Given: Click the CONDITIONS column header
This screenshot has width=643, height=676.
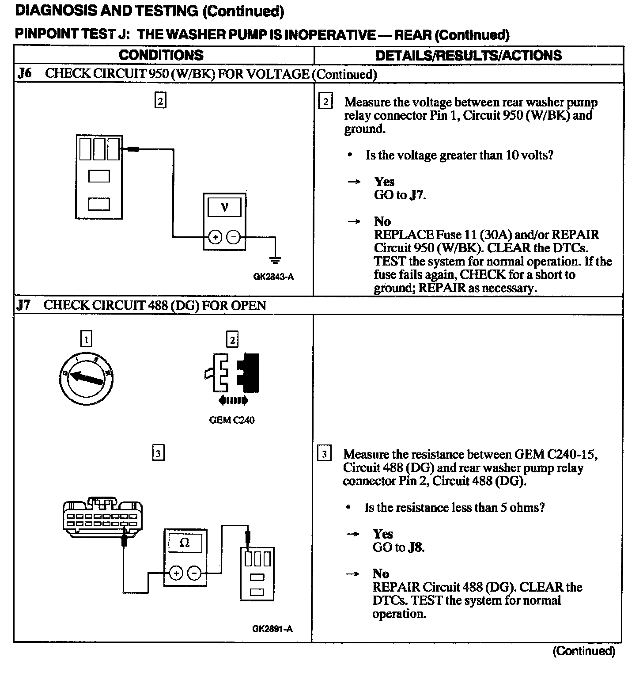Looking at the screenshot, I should pyautogui.click(x=161, y=55).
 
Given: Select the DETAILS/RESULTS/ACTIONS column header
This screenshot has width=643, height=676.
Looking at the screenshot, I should pyautogui.click(x=468, y=55).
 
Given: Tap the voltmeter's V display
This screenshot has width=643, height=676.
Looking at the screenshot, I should pyautogui.click(x=224, y=207).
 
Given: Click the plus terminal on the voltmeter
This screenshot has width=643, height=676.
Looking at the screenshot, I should pyautogui.click(x=215, y=238).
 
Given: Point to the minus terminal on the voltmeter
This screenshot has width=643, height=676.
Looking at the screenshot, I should pyautogui.click(x=234, y=238).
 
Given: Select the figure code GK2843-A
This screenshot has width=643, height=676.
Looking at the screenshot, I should pyautogui.click(x=273, y=277).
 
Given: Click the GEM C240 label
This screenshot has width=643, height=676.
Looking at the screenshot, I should pyautogui.click(x=231, y=420).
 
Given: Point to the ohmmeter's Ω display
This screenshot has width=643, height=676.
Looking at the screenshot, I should pyautogui.click(x=185, y=543).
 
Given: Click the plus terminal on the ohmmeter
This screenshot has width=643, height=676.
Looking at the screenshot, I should pyautogui.click(x=176, y=573).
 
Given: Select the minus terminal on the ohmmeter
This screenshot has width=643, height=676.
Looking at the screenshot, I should pyautogui.click(x=194, y=573).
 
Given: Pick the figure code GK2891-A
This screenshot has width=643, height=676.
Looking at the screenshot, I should pyautogui.click(x=272, y=629).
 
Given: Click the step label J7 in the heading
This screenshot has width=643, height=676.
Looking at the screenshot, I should pyautogui.click(x=24, y=305).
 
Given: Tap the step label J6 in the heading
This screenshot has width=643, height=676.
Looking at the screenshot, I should pyautogui.click(x=24, y=73).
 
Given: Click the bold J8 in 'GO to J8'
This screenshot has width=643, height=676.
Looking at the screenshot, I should pyautogui.click(x=415, y=547).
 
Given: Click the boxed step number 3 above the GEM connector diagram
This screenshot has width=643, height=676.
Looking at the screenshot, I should pyautogui.click(x=158, y=453).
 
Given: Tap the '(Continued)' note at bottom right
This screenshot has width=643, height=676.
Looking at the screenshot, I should pyautogui.click(x=583, y=651).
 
